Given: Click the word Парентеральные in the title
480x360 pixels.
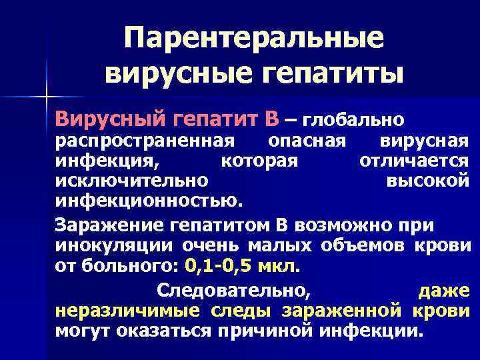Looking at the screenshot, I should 254,38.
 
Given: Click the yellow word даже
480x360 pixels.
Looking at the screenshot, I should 443,291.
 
